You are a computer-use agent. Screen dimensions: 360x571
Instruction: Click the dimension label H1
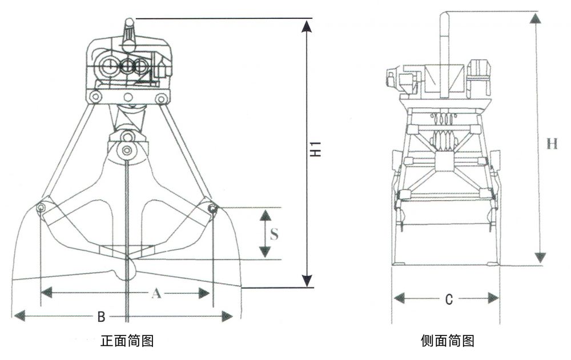315,149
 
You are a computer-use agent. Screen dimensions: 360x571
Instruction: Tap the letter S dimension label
274,234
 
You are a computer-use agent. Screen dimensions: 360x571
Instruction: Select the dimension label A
155,294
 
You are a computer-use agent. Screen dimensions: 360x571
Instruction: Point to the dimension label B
100,315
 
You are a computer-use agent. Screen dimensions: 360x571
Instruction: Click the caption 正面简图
126,342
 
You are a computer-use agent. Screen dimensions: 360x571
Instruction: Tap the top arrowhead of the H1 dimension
307,26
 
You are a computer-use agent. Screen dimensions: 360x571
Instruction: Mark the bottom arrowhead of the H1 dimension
307,280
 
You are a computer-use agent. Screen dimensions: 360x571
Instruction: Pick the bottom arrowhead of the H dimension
539,257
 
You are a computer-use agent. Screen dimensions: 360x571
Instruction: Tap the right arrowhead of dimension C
493,298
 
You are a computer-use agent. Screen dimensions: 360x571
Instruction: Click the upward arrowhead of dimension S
265,215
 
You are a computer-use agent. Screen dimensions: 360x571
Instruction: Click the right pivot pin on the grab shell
212,209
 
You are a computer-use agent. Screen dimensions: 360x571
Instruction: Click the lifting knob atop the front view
129,25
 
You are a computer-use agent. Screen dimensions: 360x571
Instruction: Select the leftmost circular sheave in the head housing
107,67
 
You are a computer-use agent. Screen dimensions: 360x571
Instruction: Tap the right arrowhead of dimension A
204,293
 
